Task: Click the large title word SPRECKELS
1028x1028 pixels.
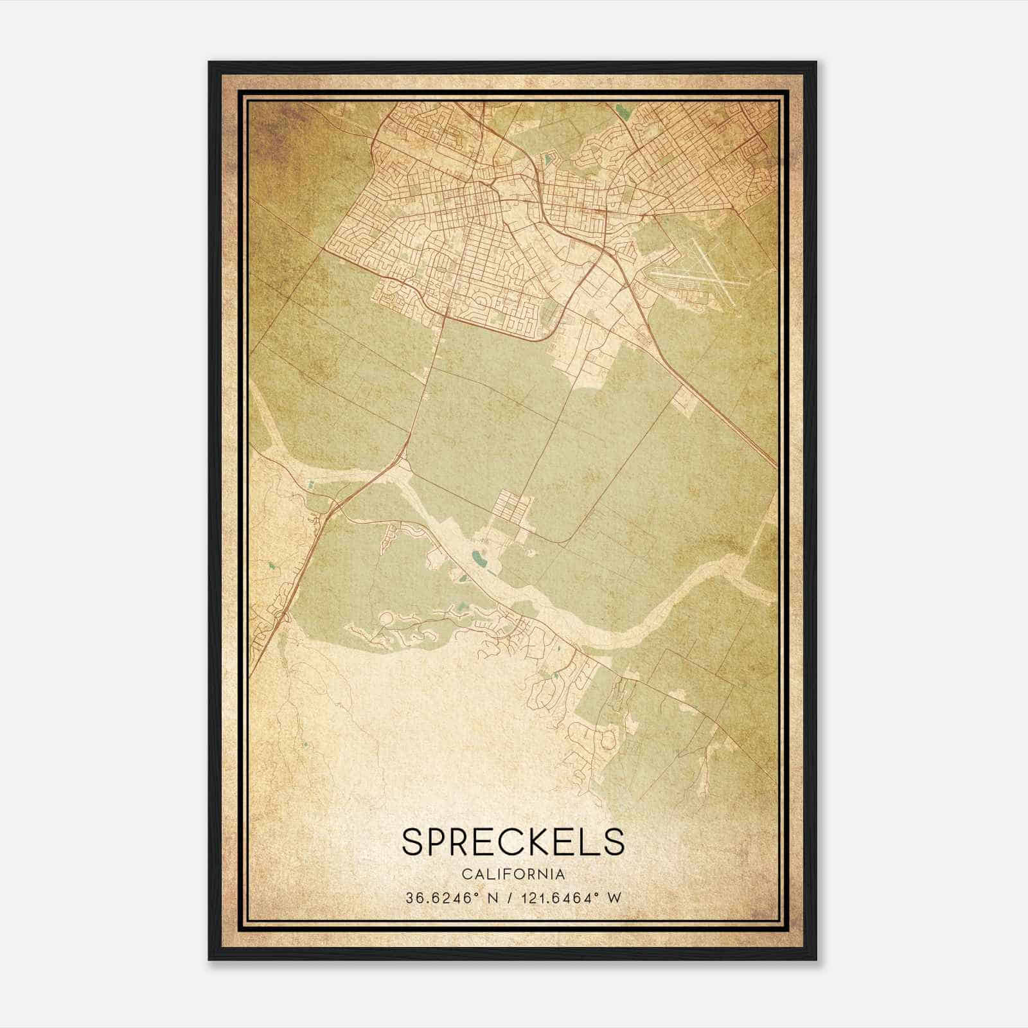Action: coord(513,842)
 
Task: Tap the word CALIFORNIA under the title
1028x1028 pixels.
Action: coord(513,874)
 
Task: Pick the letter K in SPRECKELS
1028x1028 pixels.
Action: coord(526,842)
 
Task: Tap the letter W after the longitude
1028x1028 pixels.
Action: coord(616,898)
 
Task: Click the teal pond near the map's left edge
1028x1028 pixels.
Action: coord(272,566)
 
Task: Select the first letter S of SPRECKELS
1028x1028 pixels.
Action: coord(414,842)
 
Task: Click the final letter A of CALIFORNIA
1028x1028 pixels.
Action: coord(562,874)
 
